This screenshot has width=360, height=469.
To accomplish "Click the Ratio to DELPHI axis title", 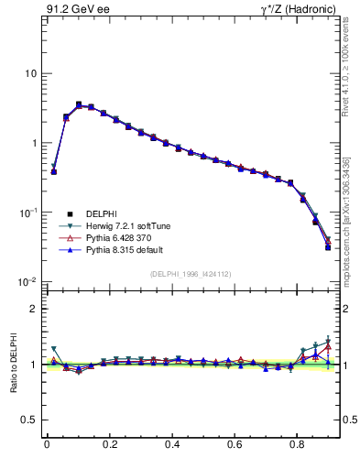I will click(x=13, y=364).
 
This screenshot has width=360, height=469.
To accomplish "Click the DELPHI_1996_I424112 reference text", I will click(x=190, y=274).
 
